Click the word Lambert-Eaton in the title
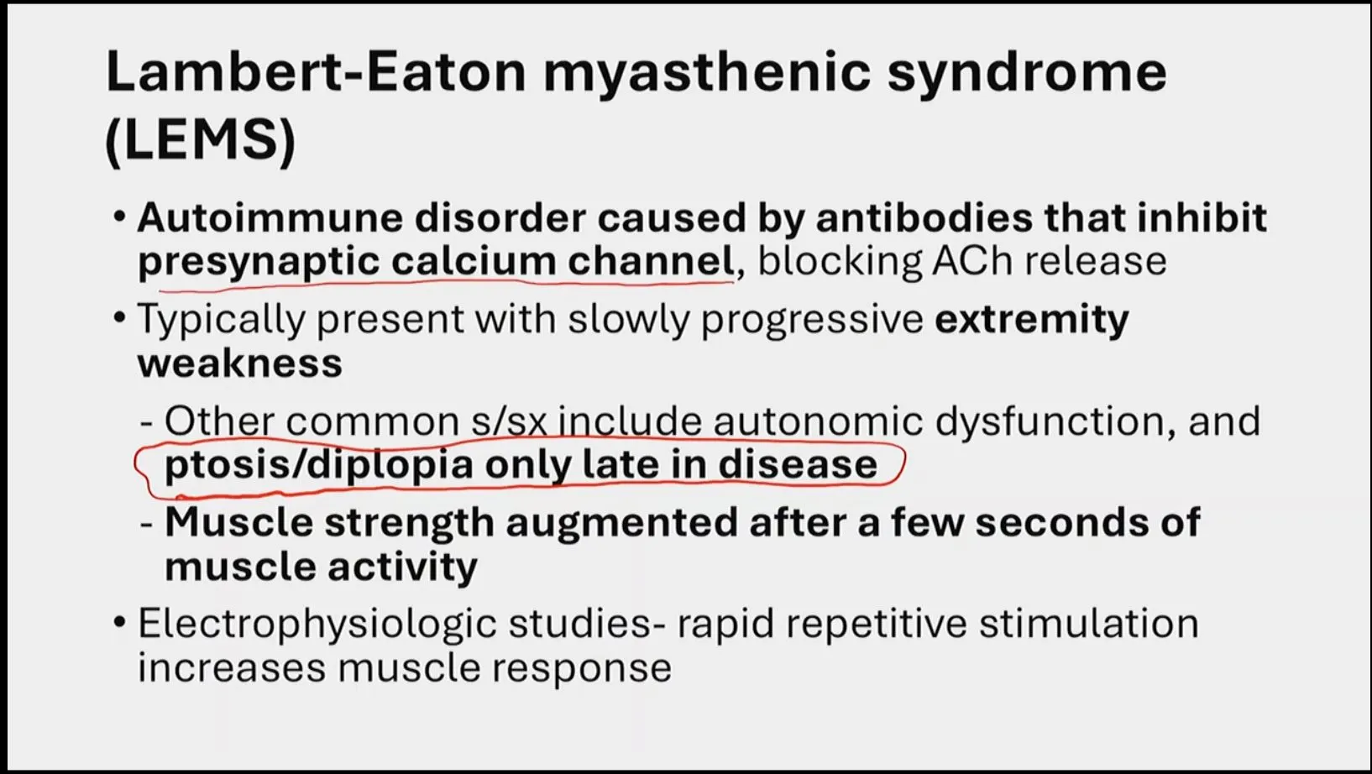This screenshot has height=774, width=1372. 317,71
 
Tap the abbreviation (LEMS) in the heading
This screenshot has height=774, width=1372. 201,140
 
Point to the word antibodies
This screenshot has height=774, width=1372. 924,218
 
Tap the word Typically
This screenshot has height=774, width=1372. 221,320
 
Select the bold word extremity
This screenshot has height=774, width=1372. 1031,320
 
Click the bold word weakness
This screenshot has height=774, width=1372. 240,363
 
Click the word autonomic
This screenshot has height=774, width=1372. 818,421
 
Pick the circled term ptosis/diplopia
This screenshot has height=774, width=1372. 319,465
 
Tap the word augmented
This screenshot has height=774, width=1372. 621,524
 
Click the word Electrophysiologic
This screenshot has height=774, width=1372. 317,625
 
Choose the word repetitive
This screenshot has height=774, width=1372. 876,625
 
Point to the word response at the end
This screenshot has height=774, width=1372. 582,669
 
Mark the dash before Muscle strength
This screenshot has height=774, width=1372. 146,526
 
